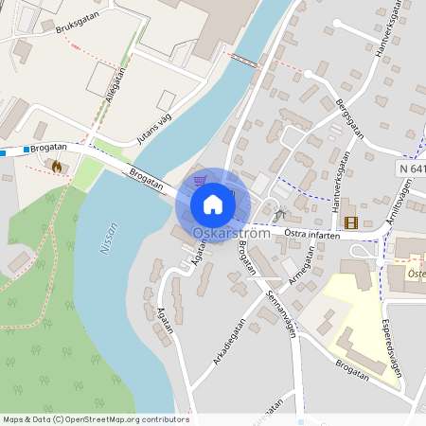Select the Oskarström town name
[x=231, y=233]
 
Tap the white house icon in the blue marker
[x=213, y=204]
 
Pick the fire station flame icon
[x=57, y=167]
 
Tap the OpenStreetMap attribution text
[x=94, y=419]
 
